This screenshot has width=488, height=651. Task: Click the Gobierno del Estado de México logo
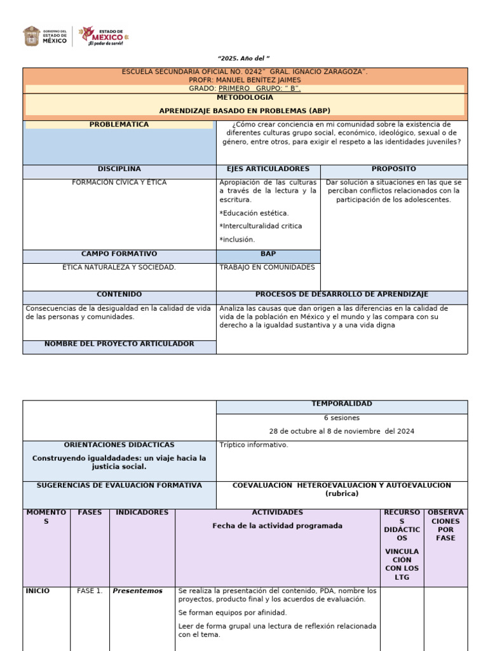[x=46, y=36]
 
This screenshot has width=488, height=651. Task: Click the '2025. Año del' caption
[x=245, y=58]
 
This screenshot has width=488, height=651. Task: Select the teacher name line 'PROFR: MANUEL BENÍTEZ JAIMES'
[x=245, y=80]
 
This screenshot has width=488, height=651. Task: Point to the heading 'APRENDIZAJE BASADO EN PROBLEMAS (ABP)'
[x=245, y=111]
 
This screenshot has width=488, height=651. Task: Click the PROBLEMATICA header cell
[x=119, y=125]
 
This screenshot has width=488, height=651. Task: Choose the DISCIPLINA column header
[x=119, y=169]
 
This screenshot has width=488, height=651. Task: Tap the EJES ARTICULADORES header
[x=268, y=169]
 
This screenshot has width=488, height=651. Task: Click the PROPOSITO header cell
[x=394, y=169]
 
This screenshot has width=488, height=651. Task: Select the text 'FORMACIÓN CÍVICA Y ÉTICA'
[x=119, y=182]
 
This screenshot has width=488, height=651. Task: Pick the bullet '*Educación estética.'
[x=254, y=213]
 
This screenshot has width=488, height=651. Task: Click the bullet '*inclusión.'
[x=237, y=240]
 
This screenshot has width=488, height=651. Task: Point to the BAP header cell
[x=268, y=254]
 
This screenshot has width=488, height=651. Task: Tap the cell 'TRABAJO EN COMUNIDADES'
[x=267, y=268]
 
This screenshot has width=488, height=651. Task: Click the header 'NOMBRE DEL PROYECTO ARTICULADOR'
[x=119, y=344]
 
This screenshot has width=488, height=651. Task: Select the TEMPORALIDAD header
[x=342, y=404]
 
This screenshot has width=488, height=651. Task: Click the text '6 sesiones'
[x=342, y=418]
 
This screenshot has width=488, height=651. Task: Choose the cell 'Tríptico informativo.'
[x=254, y=445]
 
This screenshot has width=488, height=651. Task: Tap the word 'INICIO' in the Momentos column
[x=38, y=591]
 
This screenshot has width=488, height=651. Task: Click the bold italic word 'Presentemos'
[x=137, y=591]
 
